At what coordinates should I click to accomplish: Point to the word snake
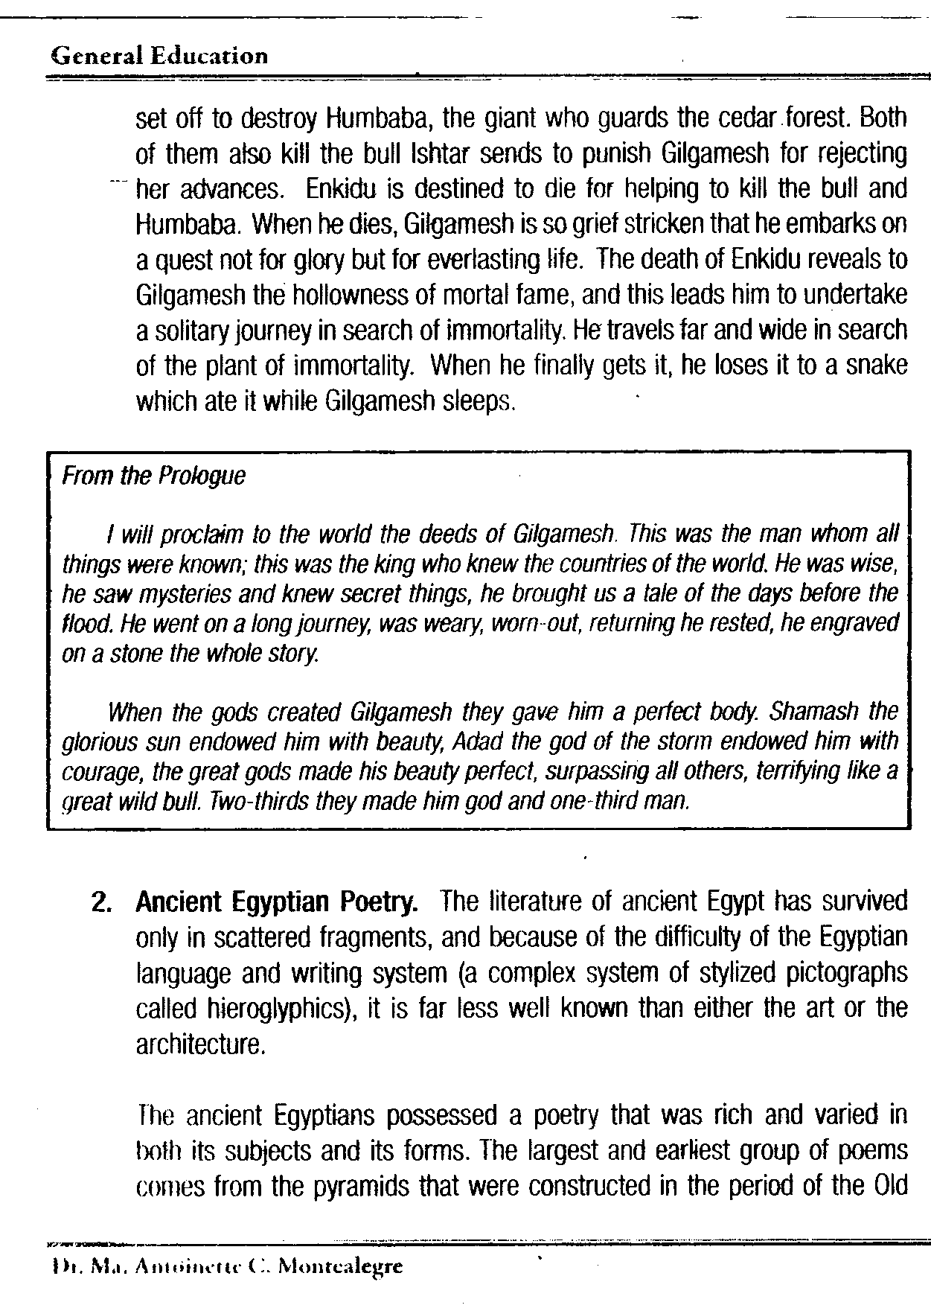(875, 366)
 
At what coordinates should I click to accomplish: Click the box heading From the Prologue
(153, 476)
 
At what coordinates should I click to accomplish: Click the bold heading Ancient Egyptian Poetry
(276, 902)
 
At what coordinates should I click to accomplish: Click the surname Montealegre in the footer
(339, 1266)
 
